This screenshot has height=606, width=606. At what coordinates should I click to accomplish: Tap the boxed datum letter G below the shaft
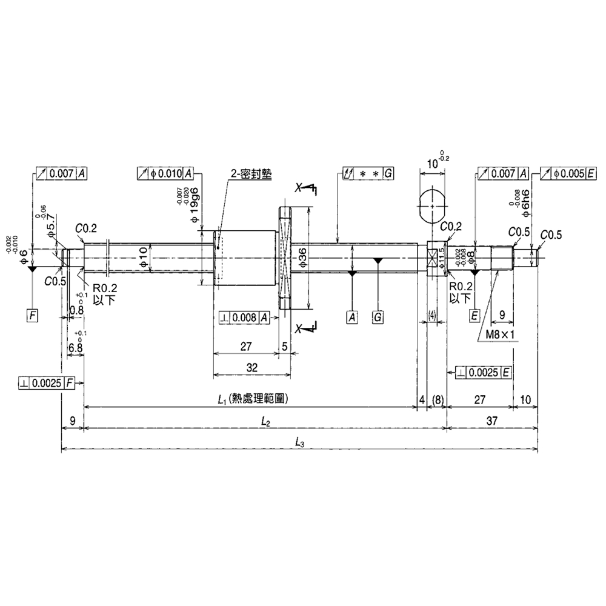(378, 316)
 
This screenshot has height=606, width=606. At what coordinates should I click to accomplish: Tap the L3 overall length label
(299, 442)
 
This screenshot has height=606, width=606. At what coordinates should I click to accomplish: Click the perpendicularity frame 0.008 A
(244, 316)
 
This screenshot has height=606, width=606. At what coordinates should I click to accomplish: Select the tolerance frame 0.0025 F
(47, 383)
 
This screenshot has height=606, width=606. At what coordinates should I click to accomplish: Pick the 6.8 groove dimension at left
(75, 348)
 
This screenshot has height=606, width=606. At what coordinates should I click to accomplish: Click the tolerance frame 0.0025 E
(480, 371)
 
